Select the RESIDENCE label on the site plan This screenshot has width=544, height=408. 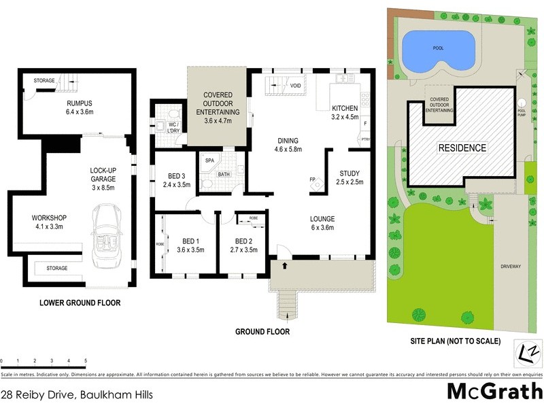(461, 148)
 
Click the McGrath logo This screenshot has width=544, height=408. (494, 392)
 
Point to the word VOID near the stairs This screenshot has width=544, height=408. (296, 86)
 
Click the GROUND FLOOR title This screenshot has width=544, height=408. (262, 332)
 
